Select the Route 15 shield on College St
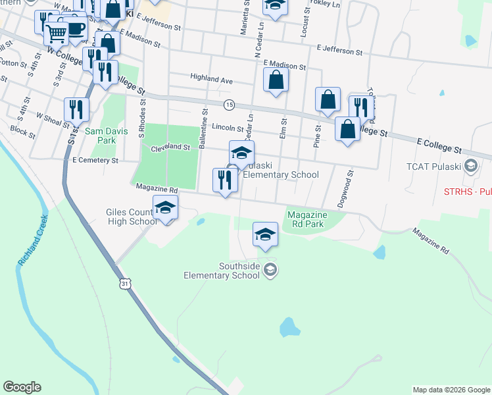229,105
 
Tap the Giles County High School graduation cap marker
165,207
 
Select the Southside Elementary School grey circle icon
270,269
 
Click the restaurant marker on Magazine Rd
225,180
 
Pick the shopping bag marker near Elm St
276,81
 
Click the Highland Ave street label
212,79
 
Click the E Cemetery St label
96,160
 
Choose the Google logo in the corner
22,387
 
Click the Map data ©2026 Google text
451,390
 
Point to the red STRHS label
466,192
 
